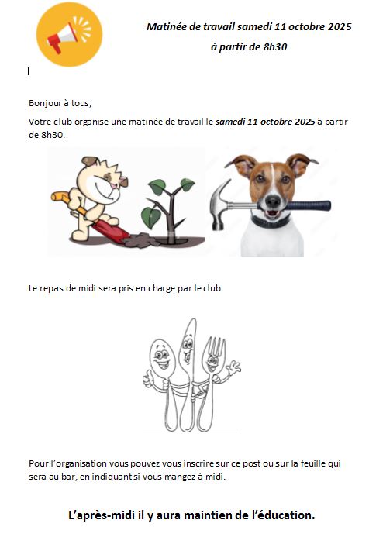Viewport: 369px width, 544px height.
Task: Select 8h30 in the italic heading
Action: (275, 46)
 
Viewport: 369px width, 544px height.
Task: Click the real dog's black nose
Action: (273, 201)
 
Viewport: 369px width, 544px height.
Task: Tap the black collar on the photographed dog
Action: (271, 222)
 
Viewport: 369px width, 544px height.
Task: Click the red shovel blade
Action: (111, 232)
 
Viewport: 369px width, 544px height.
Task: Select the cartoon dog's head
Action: (102, 181)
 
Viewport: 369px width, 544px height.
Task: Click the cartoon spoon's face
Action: (161, 358)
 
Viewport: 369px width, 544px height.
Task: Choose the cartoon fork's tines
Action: (215, 346)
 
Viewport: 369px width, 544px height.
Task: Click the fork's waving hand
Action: (235, 367)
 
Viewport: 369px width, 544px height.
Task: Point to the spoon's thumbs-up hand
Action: (149, 379)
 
